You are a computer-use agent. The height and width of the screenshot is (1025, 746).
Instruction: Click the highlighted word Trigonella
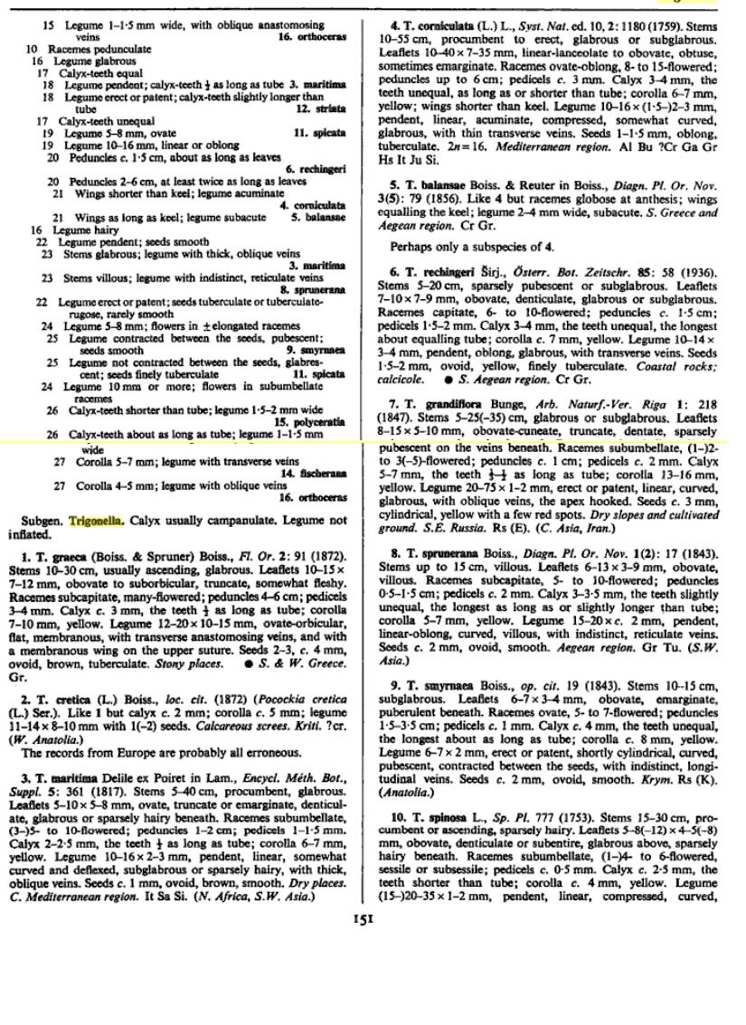(x=99, y=522)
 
